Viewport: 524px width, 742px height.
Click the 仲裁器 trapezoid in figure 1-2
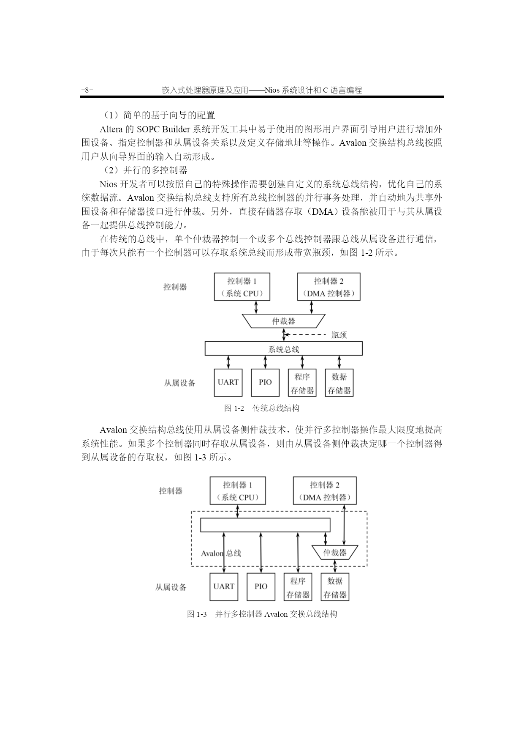[x=284, y=321]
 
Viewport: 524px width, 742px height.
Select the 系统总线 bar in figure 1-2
[x=284, y=348]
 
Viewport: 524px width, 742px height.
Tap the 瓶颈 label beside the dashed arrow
[x=339, y=335]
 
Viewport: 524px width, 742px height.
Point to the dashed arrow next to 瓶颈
[x=304, y=335]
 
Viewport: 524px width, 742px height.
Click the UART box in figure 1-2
[x=228, y=383]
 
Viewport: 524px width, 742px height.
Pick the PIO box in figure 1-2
[x=265, y=383]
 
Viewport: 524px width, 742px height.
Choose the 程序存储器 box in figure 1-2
[x=302, y=383]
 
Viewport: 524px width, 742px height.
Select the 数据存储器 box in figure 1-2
[x=339, y=383]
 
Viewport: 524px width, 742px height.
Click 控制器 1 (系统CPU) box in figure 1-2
[x=242, y=287]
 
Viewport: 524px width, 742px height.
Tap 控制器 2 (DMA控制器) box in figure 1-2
[x=329, y=287]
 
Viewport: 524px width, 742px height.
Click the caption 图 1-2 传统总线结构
[x=262, y=408]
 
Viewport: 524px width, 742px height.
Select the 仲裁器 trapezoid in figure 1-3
[x=335, y=552]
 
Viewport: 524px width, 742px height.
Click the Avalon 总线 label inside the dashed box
[x=221, y=553]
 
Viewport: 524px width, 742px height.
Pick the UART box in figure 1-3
[x=224, y=587]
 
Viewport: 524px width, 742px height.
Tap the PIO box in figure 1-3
[x=261, y=587]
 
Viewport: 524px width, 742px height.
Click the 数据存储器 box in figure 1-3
[x=335, y=587]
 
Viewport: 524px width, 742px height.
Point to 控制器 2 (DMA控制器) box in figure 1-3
[x=325, y=490]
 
